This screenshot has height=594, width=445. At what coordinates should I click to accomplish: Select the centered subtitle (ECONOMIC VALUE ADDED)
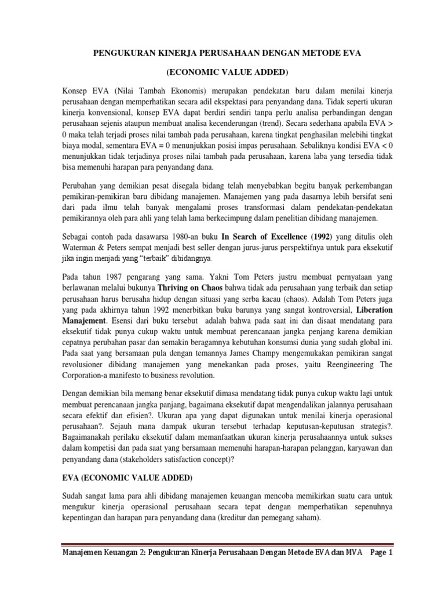[x=222, y=74]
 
